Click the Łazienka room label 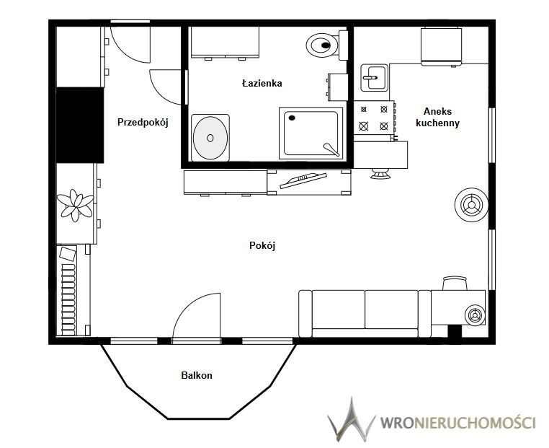pos(262,84)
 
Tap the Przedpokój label pos(143,123)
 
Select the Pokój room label pos(262,245)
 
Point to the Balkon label pos(197,375)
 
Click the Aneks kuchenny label pos(437,117)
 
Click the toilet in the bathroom pos(327,45)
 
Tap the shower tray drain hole pos(292,118)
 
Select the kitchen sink pos(375,77)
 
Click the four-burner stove pos(374,118)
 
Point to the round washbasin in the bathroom pos(210,138)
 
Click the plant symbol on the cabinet pos(75,205)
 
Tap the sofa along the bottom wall pos(365,313)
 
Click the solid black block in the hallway pos(80,125)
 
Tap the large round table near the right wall pos(471,205)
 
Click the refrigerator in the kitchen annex pos(441,47)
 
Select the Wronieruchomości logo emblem pos(351,419)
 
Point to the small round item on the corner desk pos(475,315)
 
